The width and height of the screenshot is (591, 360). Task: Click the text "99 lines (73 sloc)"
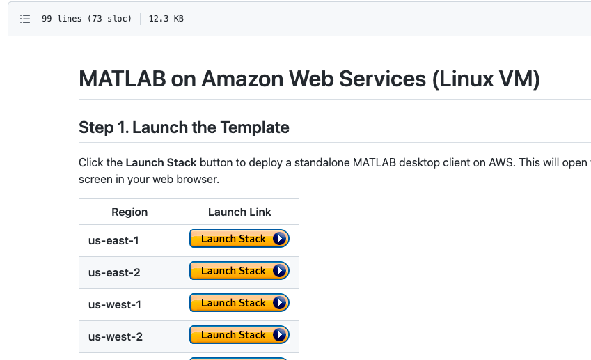tap(86, 19)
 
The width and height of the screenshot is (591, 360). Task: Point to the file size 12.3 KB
tap(166, 19)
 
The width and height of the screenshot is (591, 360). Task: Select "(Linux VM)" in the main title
tap(485, 79)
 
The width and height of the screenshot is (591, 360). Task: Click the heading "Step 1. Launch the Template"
tap(184, 127)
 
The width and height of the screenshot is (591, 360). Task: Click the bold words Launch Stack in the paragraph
tap(161, 163)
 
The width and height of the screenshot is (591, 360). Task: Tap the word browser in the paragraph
tap(197, 180)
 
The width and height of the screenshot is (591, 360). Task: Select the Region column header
tap(129, 212)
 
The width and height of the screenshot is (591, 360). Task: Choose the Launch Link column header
tap(239, 212)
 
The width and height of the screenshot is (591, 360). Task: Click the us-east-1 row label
tap(114, 240)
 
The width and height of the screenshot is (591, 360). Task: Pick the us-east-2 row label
tap(114, 272)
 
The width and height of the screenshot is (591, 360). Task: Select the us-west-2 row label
tap(115, 336)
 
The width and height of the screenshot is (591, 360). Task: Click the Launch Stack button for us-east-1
tap(239, 239)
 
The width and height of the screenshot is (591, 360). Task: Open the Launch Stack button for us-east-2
tap(239, 271)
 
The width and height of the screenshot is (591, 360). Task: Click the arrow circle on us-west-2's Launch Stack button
tap(280, 335)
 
